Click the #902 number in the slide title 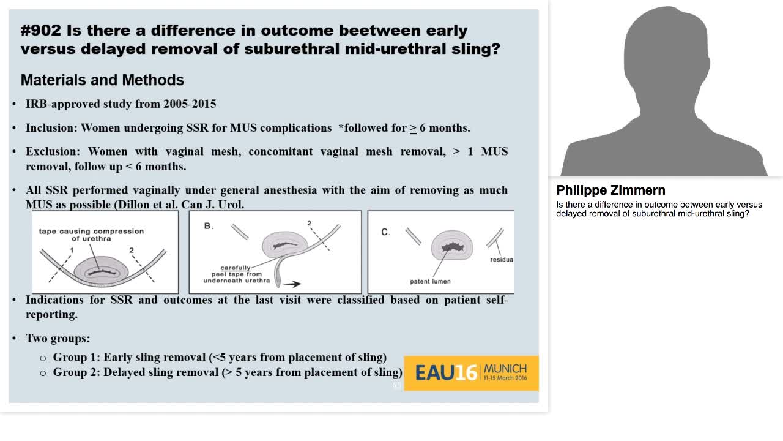(40, 31)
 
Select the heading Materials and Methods (102, 80)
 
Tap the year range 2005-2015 (190, 104)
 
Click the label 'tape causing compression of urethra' (91, 235)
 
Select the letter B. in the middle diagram (209, 226)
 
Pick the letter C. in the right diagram (385, 232)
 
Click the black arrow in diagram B (292, 284)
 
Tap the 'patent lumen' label (430, 281)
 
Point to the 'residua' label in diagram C (502, 260)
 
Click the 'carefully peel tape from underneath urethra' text (236, 274)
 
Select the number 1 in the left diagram (72, 251)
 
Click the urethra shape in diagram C (452, 246)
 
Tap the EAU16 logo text (446, 373)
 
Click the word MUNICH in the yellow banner (505, 369)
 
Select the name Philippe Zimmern (610, 190)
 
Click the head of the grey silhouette (666, 53)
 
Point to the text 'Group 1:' (76, 357)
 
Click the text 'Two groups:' (58, 339)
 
